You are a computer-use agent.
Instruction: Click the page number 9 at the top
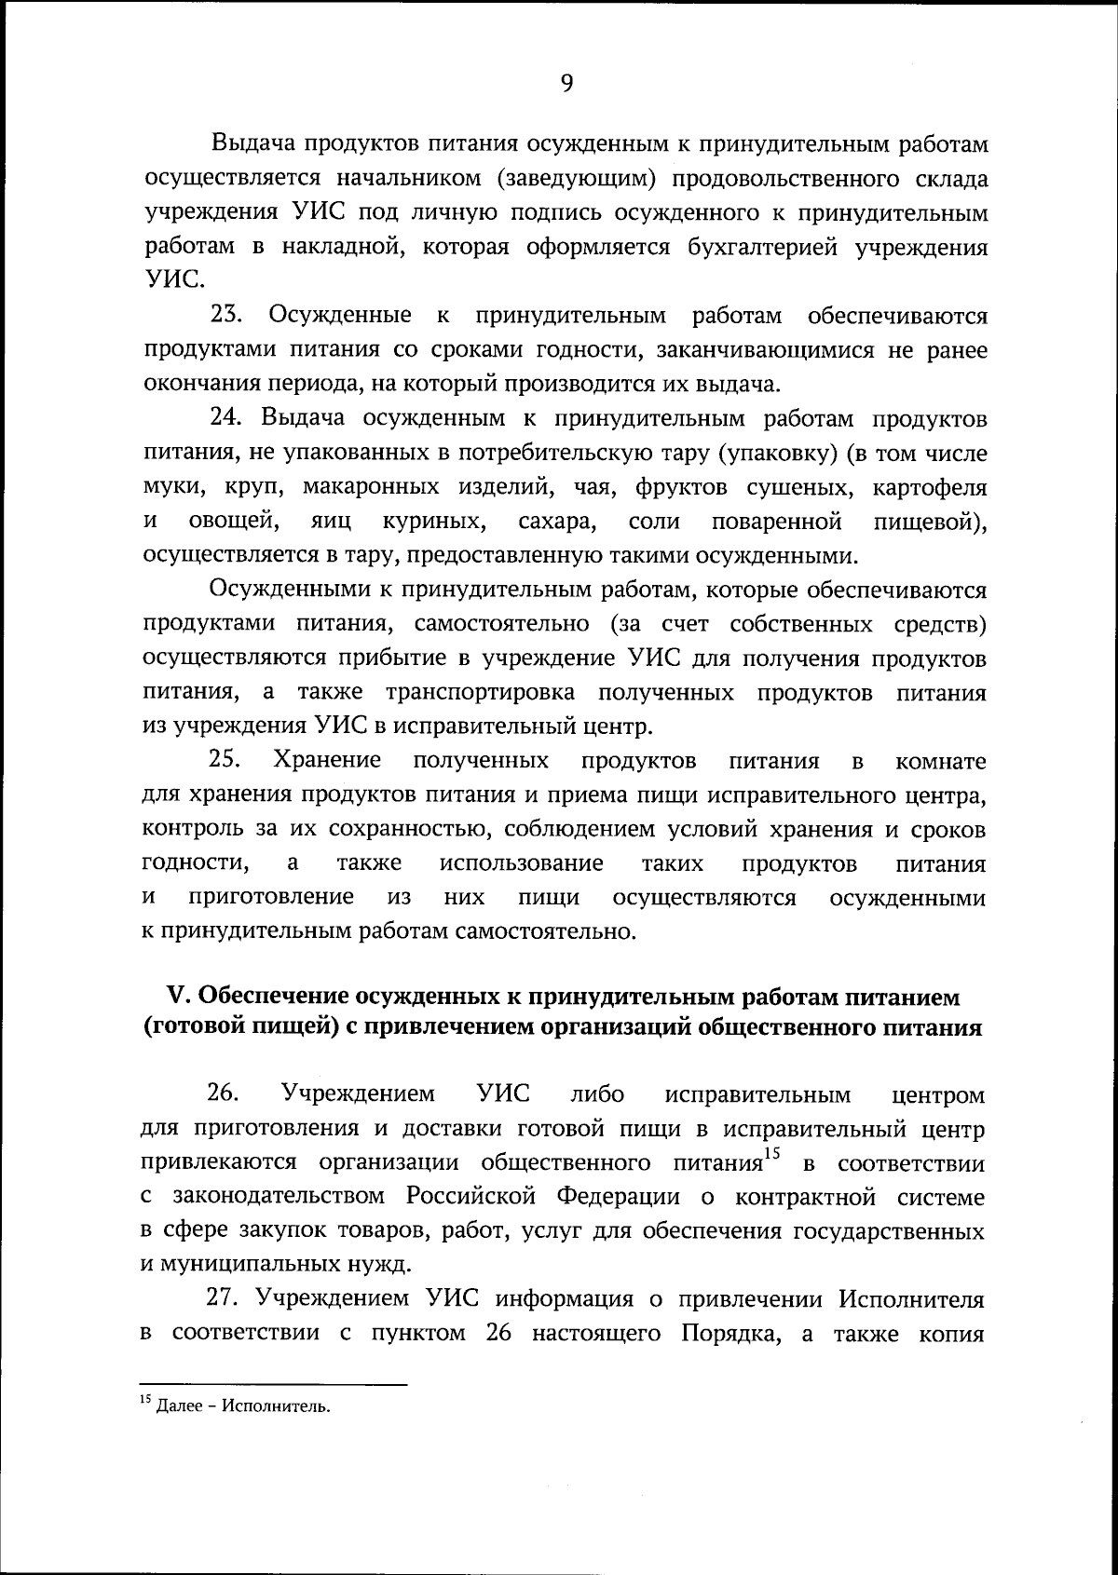[566, 84]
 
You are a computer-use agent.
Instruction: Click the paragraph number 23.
[226, 316]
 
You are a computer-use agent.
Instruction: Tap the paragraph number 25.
[226, 760]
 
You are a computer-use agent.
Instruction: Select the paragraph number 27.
[226, 1298]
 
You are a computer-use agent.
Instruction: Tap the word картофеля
[929, 487]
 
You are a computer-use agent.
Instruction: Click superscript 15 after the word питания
[769, 1155]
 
